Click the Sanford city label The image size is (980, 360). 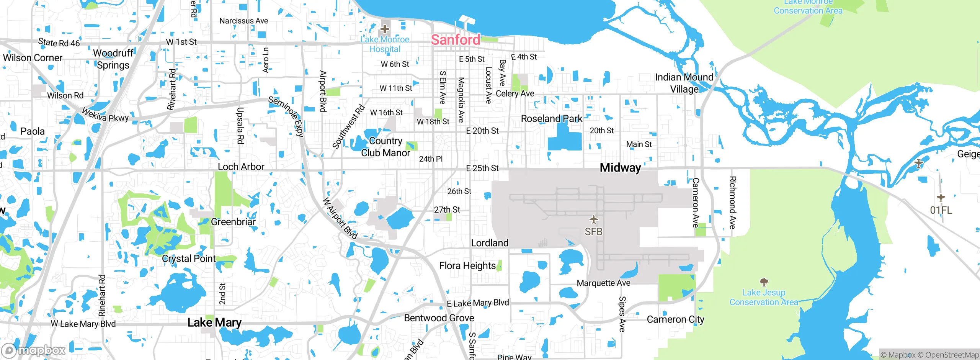click(x=455, y=39)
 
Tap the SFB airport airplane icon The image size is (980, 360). click(x=593, y=220)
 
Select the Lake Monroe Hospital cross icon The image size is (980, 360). click(x=385, y=29)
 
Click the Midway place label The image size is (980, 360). click(x=620, y=168)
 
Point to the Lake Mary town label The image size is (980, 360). click(x=214, y=323)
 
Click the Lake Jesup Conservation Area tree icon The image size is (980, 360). click(x=764, y=283)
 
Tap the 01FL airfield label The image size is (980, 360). click(x=941, y=210)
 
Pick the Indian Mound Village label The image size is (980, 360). click(x=684, y=83)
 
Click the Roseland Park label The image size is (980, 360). click(x=551, y=119)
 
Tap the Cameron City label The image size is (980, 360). click(x=675, y=319)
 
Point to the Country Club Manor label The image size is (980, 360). click(x=385, y=147)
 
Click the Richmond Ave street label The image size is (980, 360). click(x=732, y=203)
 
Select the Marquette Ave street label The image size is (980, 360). click(x=603, y=283)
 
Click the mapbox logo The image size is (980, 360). click(x=34, y=350)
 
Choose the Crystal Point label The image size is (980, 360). click(x=189, y=259)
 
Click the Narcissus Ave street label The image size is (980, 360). click(x=243, y=21)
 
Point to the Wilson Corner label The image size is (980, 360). click(x=33, y=58)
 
